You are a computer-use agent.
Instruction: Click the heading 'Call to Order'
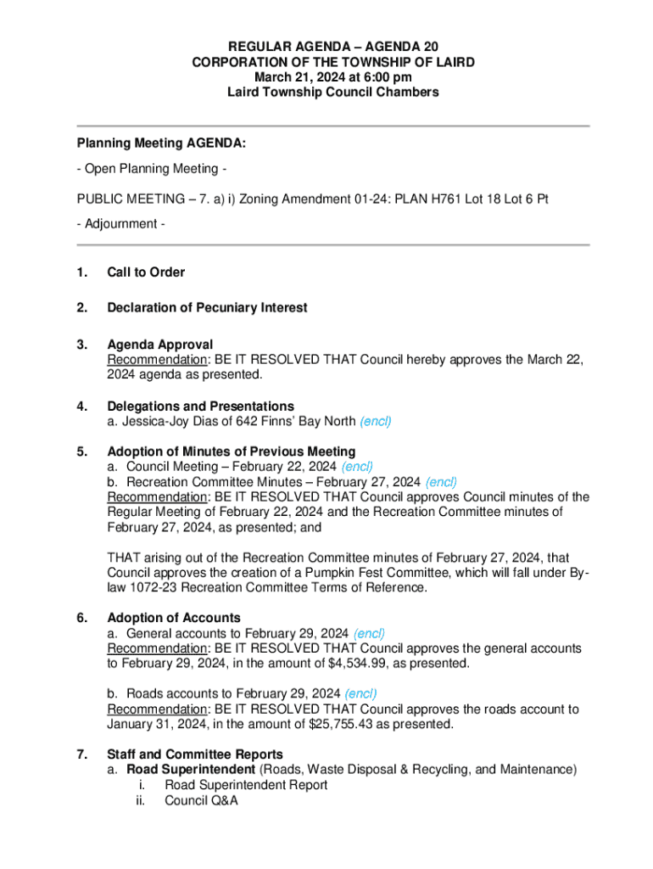(x=146, y=272)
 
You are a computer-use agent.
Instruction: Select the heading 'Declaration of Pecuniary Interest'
(x=207, y=307)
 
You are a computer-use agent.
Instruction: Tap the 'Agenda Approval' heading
(x=159, y=345)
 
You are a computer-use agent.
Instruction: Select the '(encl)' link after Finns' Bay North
(x=376, y=421)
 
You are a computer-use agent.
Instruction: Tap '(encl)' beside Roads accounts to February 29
(x=361, y=693)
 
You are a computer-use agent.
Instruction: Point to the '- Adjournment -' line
(x=120, y=223)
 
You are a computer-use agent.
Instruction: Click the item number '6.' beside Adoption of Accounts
(x=82, y=618)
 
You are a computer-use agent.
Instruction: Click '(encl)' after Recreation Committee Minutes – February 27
(x=441, y=482)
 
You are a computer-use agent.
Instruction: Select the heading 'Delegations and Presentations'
(x=200, y=406)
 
